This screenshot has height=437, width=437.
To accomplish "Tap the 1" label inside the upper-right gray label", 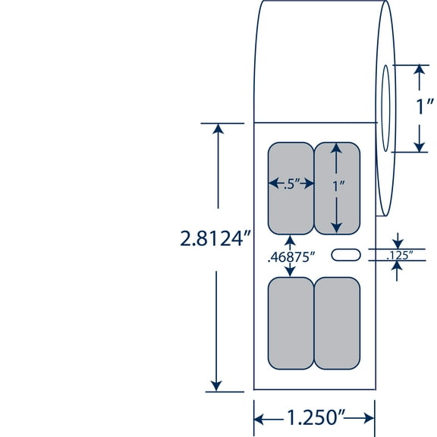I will [x=337, y=184].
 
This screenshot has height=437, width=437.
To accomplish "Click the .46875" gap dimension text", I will [x=293, y=256].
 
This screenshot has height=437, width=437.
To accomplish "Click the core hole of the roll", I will [x=385, y=108].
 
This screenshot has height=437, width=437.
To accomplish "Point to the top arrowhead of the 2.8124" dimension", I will [x=218, y=128].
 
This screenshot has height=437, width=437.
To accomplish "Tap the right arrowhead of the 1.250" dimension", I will [x=369, y=418].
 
